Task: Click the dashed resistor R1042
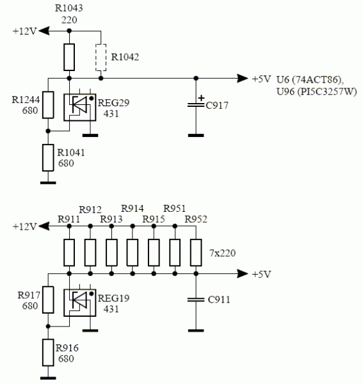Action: pyautogui.click(x=101, y=58)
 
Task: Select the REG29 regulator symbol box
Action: pyautogui.click(x=80, y=108)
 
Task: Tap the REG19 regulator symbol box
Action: pyautogui.click(x=80, y=303)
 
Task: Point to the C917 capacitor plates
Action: pyautogui.click(x=196, y=106)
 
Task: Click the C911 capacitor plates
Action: pyautogui.click(x=196, y=300)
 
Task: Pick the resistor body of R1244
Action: pyautogui.click(x=48, y=105)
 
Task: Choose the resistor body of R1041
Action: pyautogui.click(x=48, y=157)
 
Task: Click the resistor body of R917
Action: pyautogui.click(x=48, y=300)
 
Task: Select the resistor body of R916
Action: pyautogui.click(x=48, y=353)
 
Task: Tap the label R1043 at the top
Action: pyautogui.click(x=69, y=8)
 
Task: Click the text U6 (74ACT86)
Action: pyautogui.click(x=310, y=79)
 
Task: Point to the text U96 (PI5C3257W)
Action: pyautogui.click(x=317, y=92)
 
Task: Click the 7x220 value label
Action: pyautogui.click(x=223, y=253)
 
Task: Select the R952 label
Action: pyautogui.click(x=196, y=219)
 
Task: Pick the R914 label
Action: pyautogui.click(x=133, y=209)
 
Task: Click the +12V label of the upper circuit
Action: pyautogui.click(x=25, y=31)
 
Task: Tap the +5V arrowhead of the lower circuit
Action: pyautogui.click(x=243, y=273)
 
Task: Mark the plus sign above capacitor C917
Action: pyautogui.click(x=201, y=98)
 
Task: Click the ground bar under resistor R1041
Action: pyautogui.click(x=48, y=182)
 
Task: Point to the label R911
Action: pyautogui.click(x=69, y=219)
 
